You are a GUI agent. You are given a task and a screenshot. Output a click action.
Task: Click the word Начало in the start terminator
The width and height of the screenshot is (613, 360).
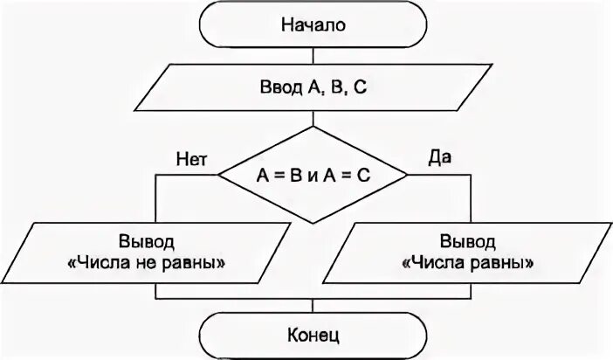tap(313, 24)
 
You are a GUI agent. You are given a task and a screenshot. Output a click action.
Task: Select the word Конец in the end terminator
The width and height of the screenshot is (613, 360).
tap(313, 334)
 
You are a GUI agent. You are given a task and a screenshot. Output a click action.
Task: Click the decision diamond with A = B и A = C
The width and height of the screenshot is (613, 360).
tap(313, 175)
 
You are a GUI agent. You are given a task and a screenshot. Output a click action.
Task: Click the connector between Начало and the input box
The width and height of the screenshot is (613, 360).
tap(313, 55)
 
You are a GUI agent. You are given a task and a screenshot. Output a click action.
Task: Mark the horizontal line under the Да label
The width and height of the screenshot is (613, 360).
tap(439, 175)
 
